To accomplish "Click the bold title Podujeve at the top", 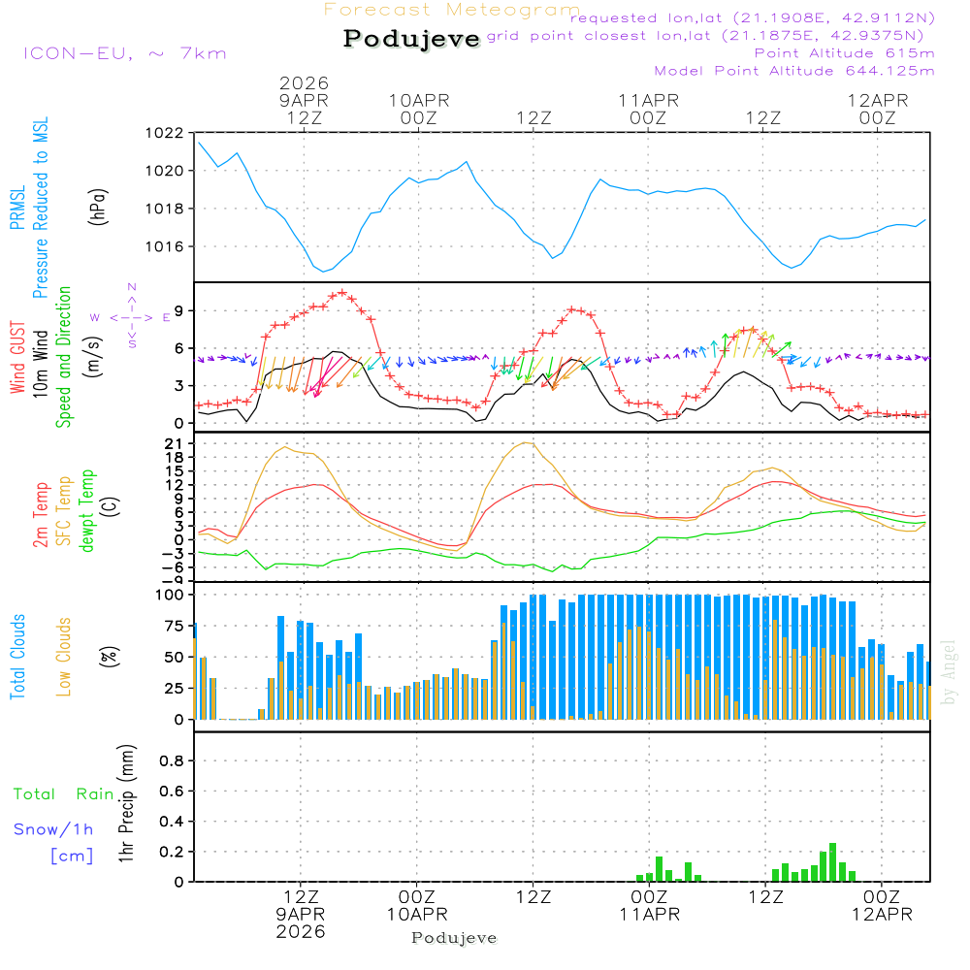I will (x=412, y=39).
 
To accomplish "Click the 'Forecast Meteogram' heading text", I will (x=452, y=10).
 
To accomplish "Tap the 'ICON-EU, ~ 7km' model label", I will (x=124, y=53).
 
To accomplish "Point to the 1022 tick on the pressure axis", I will (x=163, y=133).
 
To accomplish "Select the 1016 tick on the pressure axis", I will (x=163, y=246).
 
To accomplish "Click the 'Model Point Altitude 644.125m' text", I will (x=794, y=71).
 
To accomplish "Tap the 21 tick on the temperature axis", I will (x=174, y=443).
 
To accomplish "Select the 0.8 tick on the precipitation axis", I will (x=172, y=761).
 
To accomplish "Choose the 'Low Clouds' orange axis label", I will (x=64, y=657).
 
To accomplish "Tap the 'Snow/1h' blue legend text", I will (x=54, y=829).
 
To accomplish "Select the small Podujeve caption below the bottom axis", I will (x=454, y=938).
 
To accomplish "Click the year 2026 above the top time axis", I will (x=304, y=83).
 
